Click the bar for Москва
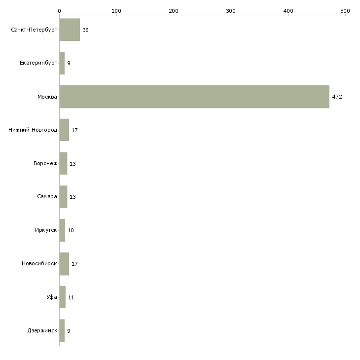194,97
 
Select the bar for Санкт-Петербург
70,30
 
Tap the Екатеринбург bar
62,63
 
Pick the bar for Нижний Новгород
64,130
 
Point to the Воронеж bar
63,163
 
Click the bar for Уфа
63,297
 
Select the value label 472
337,97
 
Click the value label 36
85,30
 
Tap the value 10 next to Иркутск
71,230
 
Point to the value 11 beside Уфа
71,297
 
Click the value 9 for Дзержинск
69,331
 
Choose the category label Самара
47,197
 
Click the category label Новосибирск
39,263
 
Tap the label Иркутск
46,230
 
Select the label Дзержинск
42,330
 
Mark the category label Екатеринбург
38,63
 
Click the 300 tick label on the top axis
231,11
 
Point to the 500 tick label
345,11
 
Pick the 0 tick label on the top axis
60,11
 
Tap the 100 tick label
116,11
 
